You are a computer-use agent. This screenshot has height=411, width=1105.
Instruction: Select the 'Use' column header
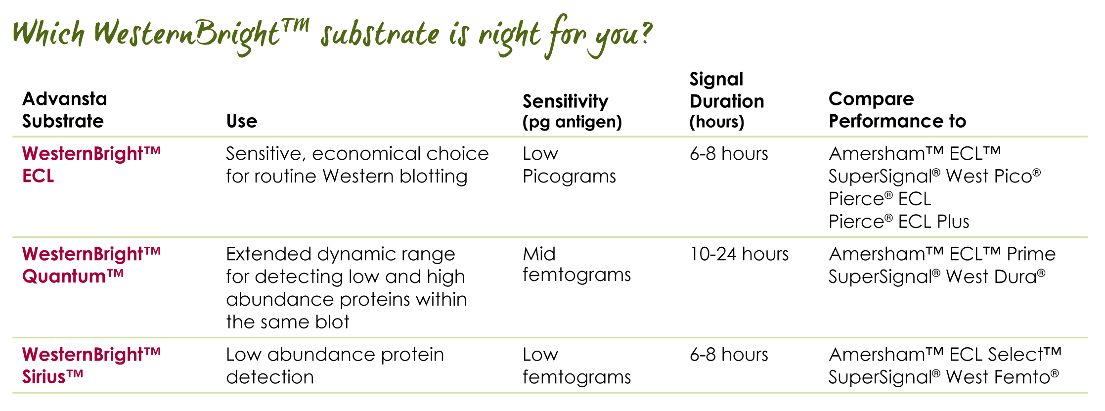click(242, 121)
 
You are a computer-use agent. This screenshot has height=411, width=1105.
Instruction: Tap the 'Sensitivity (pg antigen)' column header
click(572, 111)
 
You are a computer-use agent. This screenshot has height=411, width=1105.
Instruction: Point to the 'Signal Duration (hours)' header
click(726, 100)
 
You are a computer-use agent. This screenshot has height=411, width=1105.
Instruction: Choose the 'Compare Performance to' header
click(897, 110)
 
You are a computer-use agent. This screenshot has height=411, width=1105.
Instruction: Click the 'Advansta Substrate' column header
click(64, 110)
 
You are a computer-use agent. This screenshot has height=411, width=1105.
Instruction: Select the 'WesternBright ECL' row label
click(91, 165)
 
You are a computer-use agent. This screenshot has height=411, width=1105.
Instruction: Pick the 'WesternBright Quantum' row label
click(91, 265)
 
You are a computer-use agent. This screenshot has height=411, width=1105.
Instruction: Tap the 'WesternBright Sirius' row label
click(91, 365)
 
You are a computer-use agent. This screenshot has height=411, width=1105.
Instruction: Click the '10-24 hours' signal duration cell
click(739, 254)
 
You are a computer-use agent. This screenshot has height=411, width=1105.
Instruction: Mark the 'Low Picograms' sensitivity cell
click(569, 165)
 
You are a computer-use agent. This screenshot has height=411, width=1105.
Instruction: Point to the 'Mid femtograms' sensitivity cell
click(576, 264)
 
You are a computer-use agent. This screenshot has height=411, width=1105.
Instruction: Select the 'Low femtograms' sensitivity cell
click(576, 365)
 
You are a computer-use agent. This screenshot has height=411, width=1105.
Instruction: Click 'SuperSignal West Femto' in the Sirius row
click(943, 377)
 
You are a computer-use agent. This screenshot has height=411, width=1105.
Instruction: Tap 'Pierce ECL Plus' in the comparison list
click(899, 222)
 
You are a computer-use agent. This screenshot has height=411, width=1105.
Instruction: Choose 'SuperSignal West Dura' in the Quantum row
click(936, 276)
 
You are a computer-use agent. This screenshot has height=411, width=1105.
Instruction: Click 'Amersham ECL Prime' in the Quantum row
click(942, 254)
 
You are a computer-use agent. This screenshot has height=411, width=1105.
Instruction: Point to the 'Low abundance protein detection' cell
click(335, 365)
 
